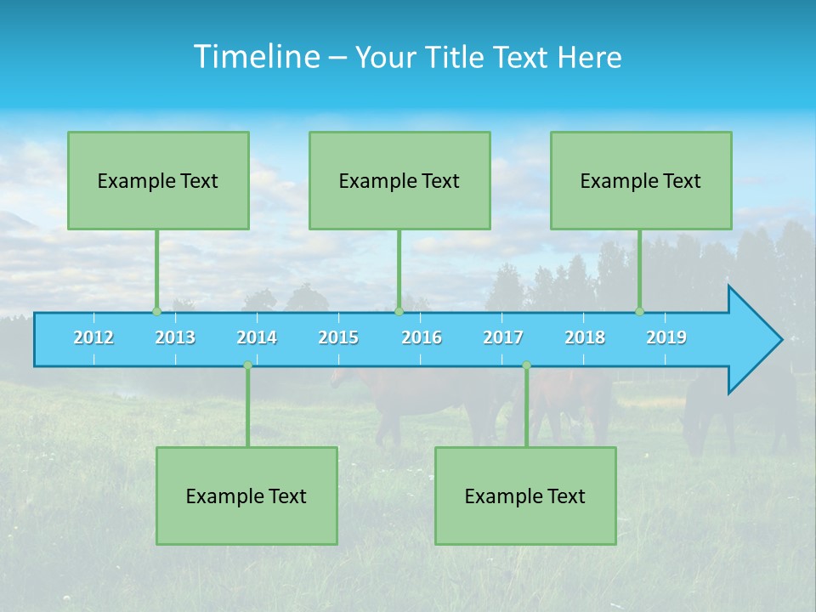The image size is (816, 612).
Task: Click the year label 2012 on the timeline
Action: click(x=93, y=337)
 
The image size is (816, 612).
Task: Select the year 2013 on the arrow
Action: click(x=175, y=337)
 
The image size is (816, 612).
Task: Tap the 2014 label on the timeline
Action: click(x=257, y=337)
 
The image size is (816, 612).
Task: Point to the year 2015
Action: click(x=338, y=337)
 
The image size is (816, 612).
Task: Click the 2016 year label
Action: click(x=422, y=337)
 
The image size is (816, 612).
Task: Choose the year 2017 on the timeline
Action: click(x=503, y=337)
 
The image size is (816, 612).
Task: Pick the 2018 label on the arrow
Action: click(x=585, y=337)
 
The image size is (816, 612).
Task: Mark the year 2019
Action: click(x=666, y=337)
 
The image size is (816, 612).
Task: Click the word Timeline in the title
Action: click(x=254, y=57)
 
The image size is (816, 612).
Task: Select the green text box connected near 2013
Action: click(x=158, y=181)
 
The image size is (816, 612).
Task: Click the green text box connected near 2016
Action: click(x=399, y=181)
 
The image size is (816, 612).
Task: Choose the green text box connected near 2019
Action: click(x=641, y=181)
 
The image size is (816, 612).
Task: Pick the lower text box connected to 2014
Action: click(x=246, y=496)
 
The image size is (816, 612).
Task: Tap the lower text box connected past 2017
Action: click(x=525, y=496)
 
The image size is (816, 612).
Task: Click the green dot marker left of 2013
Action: click(x=156, y=312)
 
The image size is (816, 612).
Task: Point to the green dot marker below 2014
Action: click(x=247, y=365)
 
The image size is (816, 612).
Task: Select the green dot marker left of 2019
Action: click(x=639, y=312)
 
